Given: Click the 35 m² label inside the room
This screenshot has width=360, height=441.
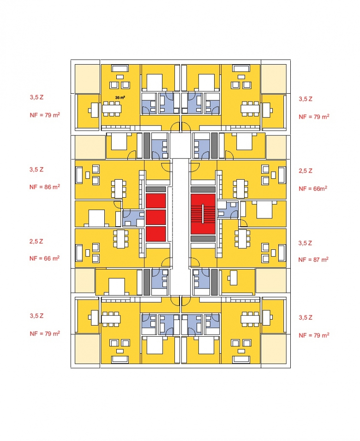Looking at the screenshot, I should point(120,98).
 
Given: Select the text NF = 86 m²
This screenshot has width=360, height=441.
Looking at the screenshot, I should point(45,187).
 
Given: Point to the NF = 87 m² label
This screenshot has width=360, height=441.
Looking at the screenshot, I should point(313,260).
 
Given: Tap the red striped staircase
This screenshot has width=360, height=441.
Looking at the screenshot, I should point(203,214).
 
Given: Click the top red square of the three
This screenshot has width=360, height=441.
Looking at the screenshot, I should point(156,201).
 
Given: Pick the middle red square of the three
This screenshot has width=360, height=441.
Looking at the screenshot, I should point(156,217).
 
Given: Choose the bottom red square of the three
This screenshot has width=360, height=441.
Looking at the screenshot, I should point(156,234).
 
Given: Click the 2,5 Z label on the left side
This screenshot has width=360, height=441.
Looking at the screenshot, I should point(36,242).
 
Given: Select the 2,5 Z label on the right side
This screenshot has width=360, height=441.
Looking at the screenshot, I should point(306,171).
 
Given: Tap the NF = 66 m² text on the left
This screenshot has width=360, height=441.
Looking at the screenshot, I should point(45,258).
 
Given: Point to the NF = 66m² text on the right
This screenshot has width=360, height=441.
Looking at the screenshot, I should point(313,188).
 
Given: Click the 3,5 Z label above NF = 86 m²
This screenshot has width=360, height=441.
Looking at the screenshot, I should point(36,169).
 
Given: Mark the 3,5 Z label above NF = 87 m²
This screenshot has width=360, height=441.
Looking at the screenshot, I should point(306,243).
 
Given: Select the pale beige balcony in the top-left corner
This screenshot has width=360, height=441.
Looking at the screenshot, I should point(87,78).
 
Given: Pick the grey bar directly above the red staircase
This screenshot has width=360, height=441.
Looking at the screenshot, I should point(203,189).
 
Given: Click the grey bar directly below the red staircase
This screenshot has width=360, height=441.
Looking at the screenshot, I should point(203,238).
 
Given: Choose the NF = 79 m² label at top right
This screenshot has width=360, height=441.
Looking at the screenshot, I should point(313,117).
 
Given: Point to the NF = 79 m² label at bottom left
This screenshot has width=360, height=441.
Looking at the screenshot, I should point(45,333).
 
